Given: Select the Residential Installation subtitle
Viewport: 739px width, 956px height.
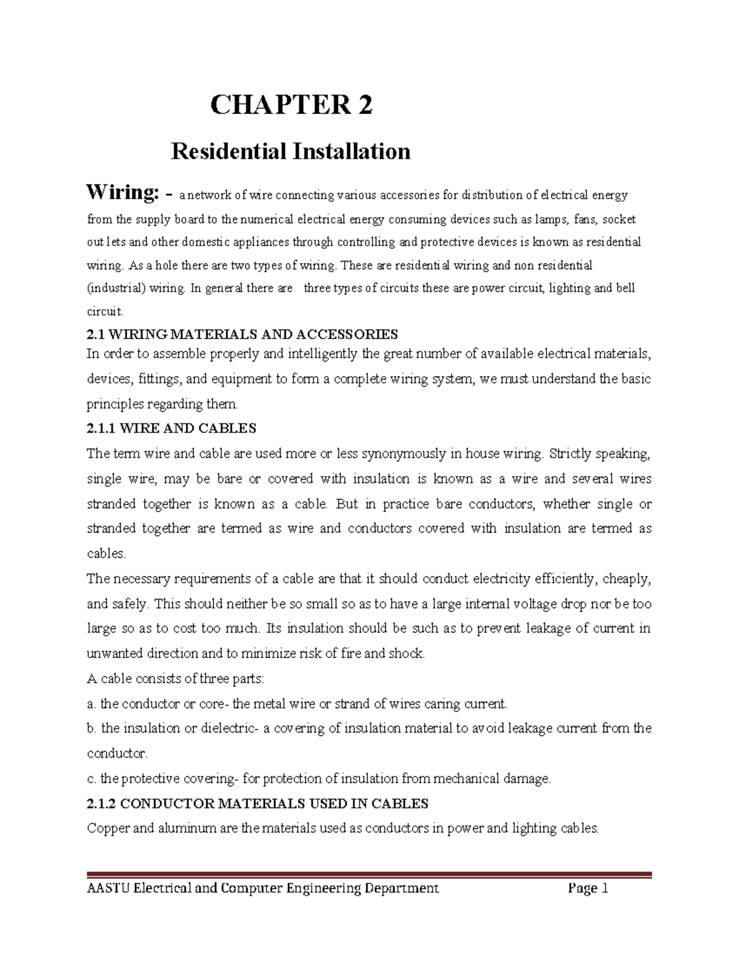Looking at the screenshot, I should tap(291, 151).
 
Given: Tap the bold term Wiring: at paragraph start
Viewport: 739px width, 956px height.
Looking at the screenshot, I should tap(123, 193).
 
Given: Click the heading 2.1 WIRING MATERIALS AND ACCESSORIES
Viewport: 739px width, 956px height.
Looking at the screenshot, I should tap(243, 334).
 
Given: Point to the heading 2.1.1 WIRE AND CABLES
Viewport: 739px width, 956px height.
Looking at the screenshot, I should tap(172, 428).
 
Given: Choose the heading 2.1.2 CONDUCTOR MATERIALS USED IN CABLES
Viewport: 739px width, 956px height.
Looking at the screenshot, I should tap(257, 803).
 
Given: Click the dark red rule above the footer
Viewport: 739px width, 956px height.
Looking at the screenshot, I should tap(369, 874).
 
